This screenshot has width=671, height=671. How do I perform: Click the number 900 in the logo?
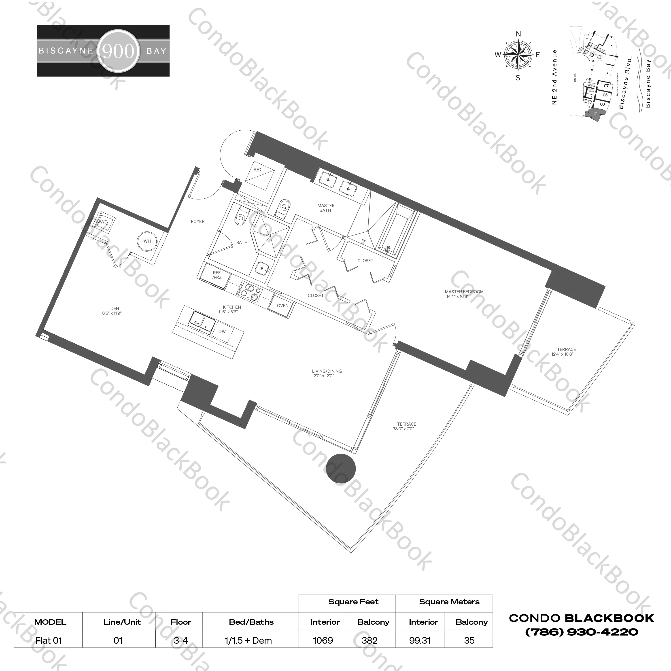tap(118, 51)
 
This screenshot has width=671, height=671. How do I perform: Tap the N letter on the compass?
tap(518, 34)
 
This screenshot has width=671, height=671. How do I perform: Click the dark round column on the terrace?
tap(341, 469)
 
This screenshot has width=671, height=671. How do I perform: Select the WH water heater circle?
tap(147, 241)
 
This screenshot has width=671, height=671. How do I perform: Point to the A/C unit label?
tap(257, 170)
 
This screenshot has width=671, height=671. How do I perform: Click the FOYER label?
tap(198, 221)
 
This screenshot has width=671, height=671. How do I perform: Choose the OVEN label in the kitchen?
tap(282, 306)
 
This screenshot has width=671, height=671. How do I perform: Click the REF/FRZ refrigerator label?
tap(217, 275)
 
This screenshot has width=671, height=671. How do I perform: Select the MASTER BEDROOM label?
tap(464, 292)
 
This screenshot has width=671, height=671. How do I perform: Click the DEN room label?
tap(115, 308)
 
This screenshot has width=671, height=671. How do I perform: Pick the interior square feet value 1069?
tap(323, 640)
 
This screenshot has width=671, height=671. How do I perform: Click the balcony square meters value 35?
tap(469, 640)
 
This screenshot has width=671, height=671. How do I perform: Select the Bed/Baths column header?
tap(251, 622)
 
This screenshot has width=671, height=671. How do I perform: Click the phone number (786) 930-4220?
tap(581, 632)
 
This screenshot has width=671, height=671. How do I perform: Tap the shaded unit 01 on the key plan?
tap(595, 114)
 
